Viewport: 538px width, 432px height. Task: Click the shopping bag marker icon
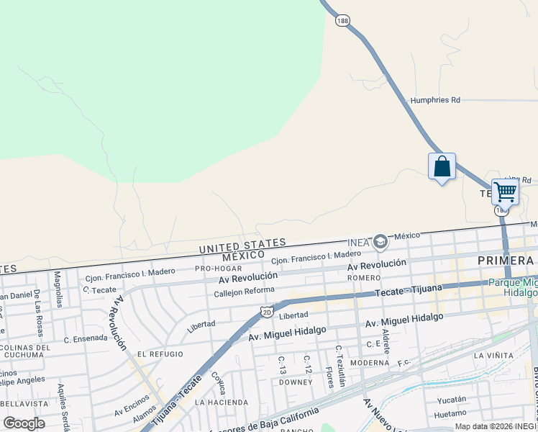[442, 166]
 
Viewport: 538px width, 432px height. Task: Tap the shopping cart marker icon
[505, 192]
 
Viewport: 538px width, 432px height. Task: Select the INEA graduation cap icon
[380, 243]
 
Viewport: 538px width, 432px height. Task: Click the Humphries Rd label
[435, 100]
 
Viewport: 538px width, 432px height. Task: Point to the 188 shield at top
[342, 21]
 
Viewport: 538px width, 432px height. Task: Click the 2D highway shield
[267, 312]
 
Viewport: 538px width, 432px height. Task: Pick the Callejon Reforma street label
[244, 291]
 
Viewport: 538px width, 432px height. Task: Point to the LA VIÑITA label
[493, 355]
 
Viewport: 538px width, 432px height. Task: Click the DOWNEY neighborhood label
[296, 382]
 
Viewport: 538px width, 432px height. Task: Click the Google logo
[24, 423]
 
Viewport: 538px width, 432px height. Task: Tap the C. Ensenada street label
[85, 338]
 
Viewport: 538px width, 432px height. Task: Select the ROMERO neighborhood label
[363, 277]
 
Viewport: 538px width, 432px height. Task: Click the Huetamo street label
[450, 414]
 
